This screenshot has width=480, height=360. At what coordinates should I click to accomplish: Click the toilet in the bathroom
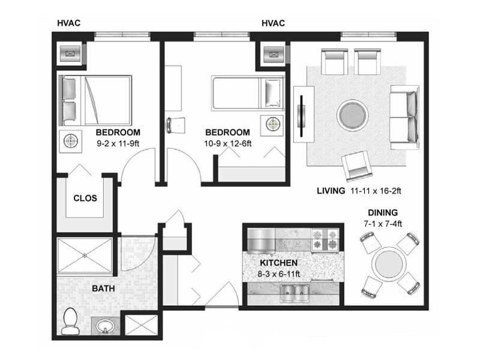point(70,321)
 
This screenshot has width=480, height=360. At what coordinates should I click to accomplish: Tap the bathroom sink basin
point(105,326)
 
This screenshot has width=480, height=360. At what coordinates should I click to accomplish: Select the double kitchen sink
point(295,293)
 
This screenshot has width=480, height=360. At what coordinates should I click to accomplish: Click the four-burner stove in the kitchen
point(325,239)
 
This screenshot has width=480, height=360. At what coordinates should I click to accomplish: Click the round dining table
point(389,264)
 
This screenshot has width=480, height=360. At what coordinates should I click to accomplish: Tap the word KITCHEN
point(278,263)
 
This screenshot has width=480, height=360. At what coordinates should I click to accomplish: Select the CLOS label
point(85,198)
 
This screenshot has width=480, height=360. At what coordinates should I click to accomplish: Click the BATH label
point(103,289)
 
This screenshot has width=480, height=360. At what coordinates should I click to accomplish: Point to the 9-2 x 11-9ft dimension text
point(118,143)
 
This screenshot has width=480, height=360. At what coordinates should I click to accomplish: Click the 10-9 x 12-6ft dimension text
point(228,143)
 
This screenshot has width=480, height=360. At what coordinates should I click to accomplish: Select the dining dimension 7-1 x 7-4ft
point(383,224)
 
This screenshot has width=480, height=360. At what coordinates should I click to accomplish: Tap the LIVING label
point(331,191)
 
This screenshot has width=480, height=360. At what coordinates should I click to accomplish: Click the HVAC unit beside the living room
point(274,55)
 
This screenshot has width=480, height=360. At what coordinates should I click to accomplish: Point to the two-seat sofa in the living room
point(404,117)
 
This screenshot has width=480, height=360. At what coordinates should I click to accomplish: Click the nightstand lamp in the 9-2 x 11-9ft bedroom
point(71,141)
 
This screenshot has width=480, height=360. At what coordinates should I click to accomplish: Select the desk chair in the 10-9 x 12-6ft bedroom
point(176,125)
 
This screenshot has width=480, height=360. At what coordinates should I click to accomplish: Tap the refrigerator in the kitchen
point(261,241)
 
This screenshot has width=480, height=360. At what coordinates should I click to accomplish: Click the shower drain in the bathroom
point(85,255)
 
